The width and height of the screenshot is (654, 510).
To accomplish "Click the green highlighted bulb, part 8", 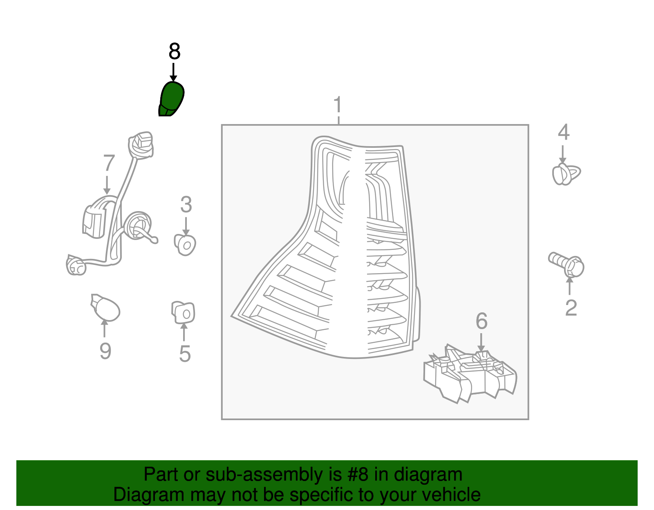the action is (171, 99).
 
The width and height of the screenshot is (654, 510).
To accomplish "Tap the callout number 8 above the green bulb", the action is (174, 52).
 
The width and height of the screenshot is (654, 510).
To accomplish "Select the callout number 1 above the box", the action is (338, 105).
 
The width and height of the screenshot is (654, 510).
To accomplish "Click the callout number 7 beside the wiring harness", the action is (109, 163).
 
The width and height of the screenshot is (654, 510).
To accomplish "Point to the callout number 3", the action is (186, 205).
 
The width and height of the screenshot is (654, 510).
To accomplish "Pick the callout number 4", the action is (564, 132).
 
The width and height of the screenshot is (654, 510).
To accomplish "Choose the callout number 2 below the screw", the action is (571, 308).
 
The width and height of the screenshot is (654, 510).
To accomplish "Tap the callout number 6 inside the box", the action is (482, 321).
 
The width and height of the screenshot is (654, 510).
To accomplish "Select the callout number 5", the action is (185, 354).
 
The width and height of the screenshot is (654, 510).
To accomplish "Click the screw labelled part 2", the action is (567, 264).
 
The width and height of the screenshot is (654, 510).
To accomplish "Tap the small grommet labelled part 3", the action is (185, 245).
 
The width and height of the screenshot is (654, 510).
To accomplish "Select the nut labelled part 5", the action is (183, 313).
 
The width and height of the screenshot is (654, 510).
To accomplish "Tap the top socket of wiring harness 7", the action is (141, 145).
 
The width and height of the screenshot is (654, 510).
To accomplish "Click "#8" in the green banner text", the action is (358, 475).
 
